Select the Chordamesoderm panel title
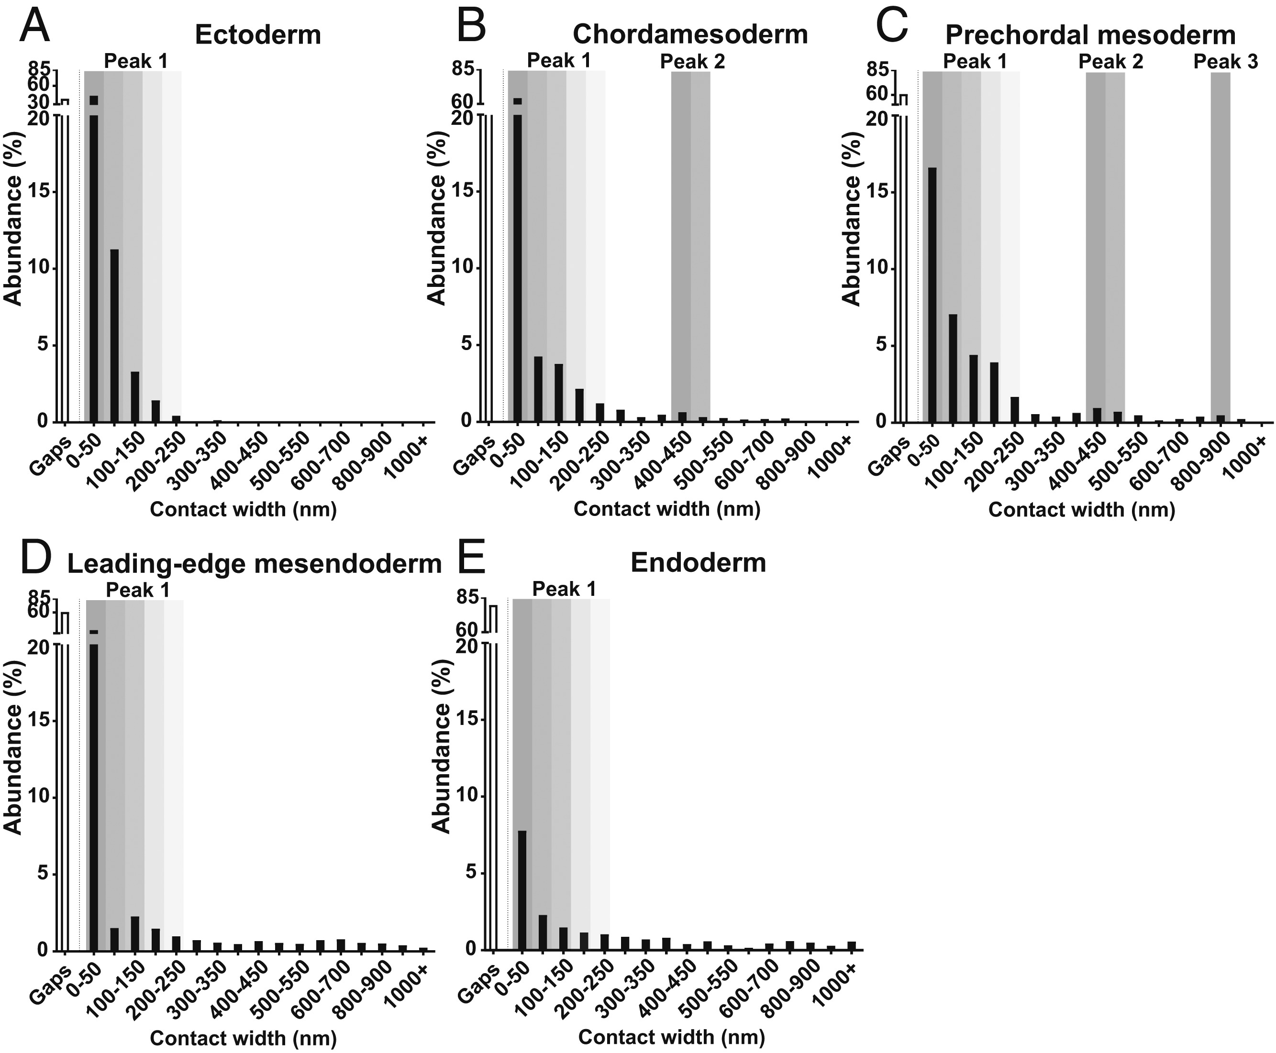(x=690, y=34)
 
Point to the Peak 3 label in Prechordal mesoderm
(x=1226, y=61)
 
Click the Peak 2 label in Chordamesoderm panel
(x=692, y=61)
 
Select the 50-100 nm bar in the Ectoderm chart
(x=114, y=335)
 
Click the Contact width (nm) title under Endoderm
(x=671, y=1038)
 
